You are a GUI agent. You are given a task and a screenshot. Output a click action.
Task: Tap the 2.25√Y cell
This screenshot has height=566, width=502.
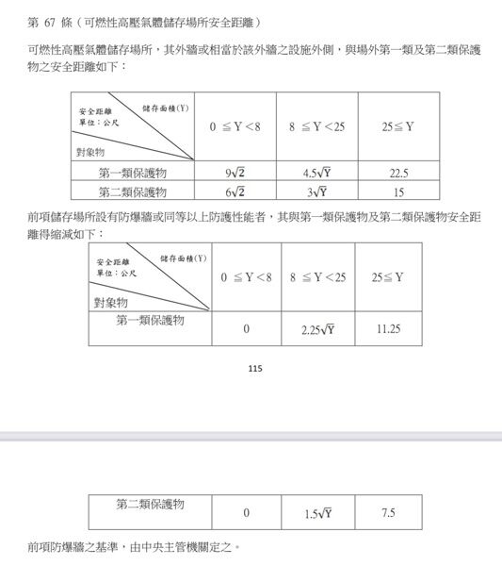[x=317, y=329]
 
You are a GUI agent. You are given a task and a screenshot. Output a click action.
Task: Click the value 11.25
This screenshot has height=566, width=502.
[x=388, y=329]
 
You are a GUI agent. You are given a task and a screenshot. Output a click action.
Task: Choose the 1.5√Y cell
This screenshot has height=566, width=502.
[x=317, y=513]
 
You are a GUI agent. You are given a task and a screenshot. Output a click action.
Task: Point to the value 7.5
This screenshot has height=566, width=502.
[x=388, y=513]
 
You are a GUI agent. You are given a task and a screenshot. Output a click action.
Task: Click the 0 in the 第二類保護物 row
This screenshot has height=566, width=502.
[x=246, y=513]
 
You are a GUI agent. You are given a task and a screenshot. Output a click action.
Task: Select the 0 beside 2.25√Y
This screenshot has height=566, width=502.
[x=246, y=329]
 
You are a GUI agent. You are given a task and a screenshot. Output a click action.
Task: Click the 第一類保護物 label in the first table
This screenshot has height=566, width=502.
[x=133, y=173]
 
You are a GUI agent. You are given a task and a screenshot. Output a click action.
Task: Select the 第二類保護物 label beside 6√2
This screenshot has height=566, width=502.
[x=133, y=192]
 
